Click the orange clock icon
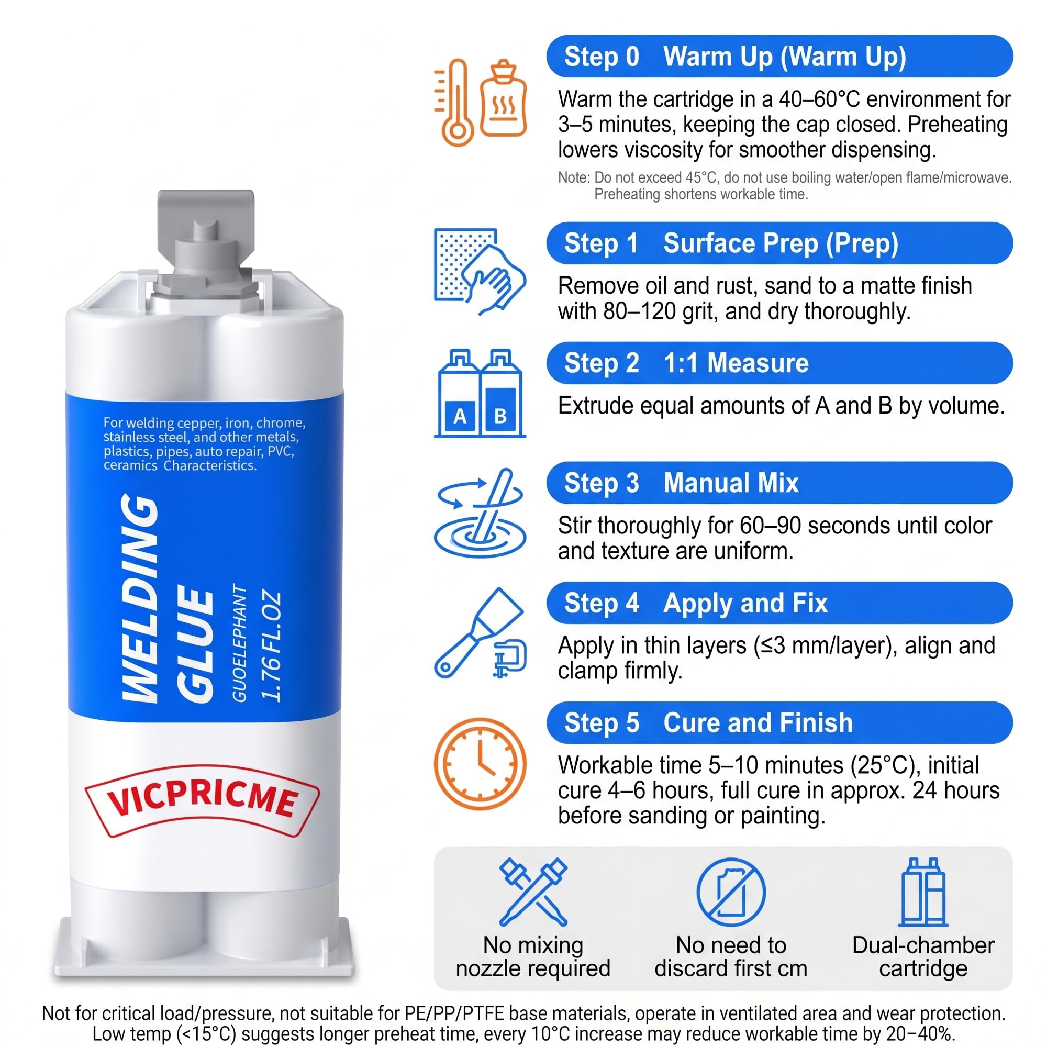pos(480,764)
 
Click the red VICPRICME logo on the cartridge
pos(202,800)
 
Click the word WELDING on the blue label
pos(140,598)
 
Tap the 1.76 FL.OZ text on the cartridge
pos(271,647)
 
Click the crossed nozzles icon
pos(533,892)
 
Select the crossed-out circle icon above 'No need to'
pos(730,892)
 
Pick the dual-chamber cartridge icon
pos(923,892)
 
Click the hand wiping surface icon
pos(480,272)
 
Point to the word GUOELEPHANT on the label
pos(239,644)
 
